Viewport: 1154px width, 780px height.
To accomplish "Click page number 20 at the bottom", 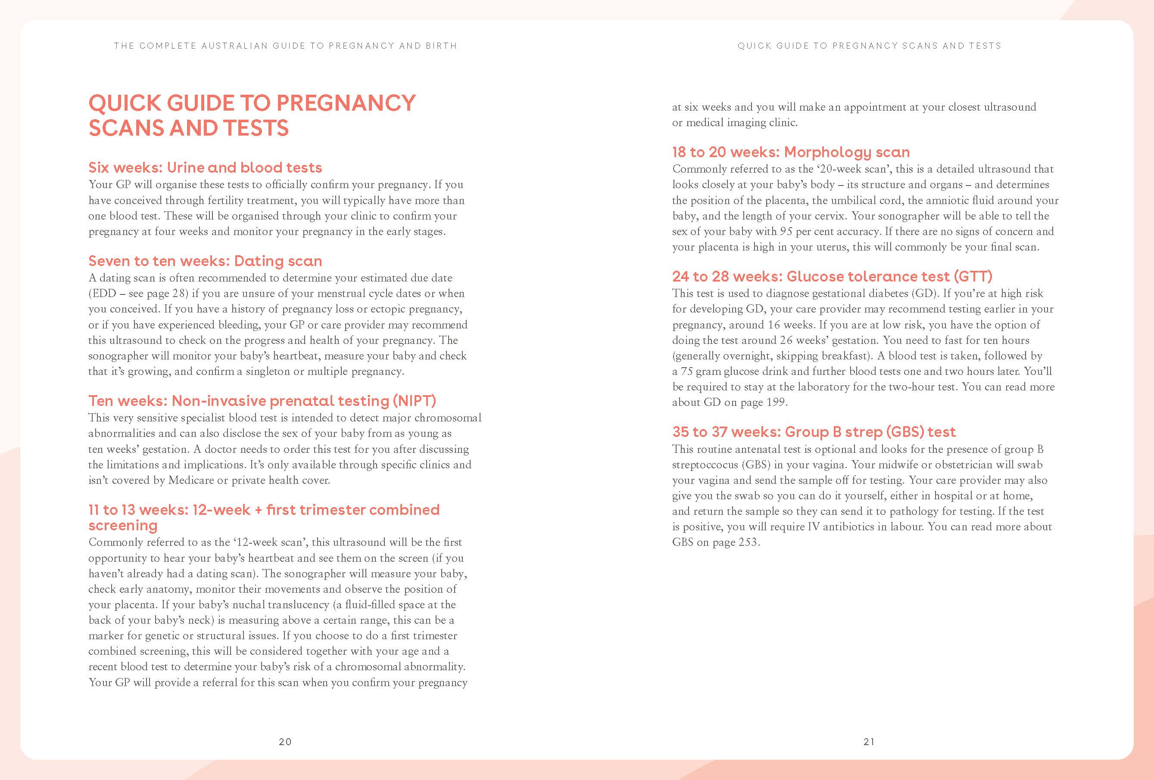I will click(285, 742).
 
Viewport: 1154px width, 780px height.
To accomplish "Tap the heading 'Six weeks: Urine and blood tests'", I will click(205, 168).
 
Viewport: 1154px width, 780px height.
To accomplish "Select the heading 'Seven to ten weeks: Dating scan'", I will click(205, 261).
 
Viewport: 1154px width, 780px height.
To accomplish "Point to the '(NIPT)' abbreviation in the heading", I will click(413, 401).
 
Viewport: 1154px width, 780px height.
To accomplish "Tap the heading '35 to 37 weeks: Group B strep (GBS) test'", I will click(814, 432).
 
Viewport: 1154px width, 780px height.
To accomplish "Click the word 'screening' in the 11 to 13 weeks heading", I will click(123, 526).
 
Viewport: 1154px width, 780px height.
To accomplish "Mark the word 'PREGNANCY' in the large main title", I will click(346, 103).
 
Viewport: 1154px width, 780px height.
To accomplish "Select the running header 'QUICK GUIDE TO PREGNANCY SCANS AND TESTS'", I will click(869, 46).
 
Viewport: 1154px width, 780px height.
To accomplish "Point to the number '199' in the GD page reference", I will click(776, 402).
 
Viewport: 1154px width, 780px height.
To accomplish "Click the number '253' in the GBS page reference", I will click(748, 542).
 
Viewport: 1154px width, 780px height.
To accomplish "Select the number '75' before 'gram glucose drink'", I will click(686, 371).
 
